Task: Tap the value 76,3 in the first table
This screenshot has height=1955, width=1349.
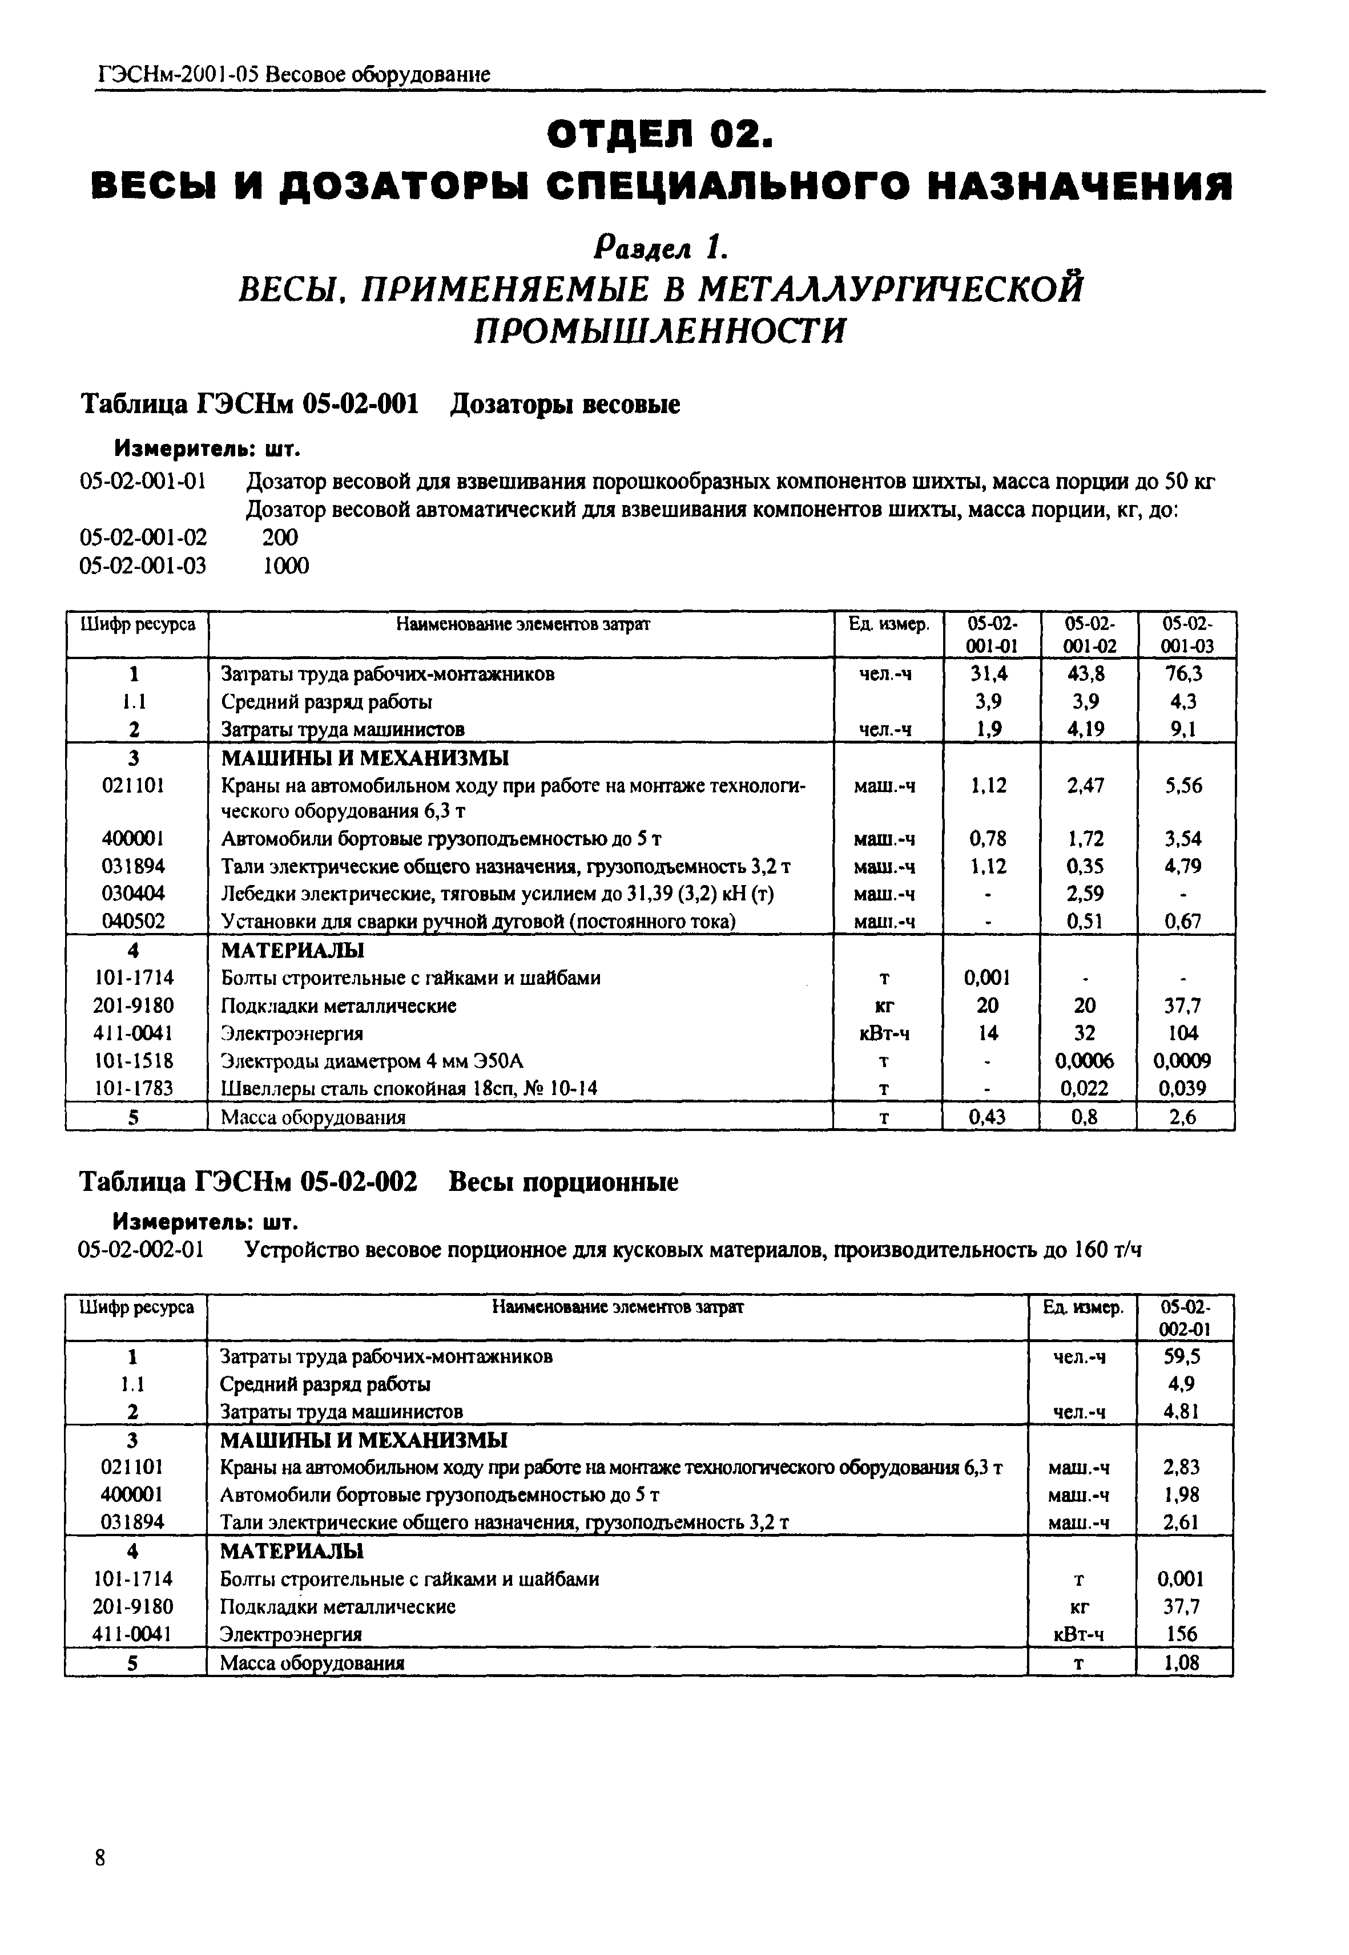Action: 1183,673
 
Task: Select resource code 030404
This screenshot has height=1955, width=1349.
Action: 134,893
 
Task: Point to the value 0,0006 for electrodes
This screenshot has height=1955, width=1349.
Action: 1085,1060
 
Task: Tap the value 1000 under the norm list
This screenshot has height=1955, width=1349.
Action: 285,565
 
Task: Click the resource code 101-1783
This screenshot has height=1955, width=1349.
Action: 134,1088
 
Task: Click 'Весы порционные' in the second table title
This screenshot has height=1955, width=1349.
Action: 563,1181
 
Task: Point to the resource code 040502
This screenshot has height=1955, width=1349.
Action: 134,921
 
